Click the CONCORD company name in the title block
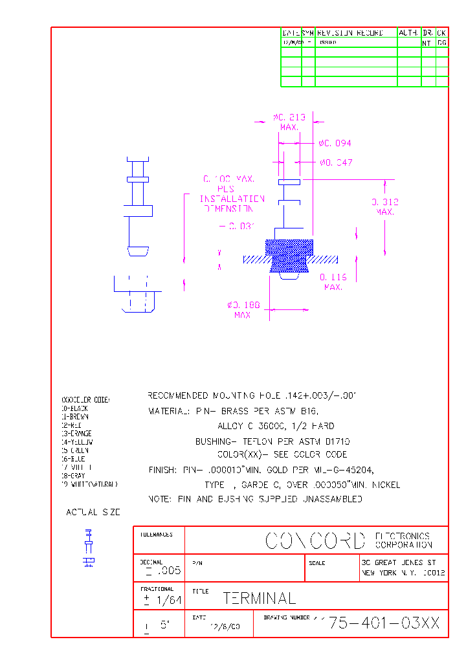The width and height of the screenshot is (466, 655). [x=315, y=540]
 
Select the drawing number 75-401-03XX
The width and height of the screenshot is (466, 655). [x=384, y=623]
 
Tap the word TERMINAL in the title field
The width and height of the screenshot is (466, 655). [x=260, y=599]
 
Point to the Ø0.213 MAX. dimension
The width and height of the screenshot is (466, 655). [x=289, y=122]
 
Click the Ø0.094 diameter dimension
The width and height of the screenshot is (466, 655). [x=335, y=143]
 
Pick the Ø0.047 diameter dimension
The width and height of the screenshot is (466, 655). [x=336, y=162]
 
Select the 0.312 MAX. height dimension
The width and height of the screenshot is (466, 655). [x=384, y=206]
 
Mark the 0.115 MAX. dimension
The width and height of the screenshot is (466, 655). [x=333, y=282]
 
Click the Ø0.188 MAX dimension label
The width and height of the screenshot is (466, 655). [x=243, y=309]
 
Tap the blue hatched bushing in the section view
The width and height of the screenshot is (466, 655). [x=289, y=256]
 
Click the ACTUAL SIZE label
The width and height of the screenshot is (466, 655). [x=93, y=512]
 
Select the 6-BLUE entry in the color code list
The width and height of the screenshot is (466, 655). [x=74, y=458]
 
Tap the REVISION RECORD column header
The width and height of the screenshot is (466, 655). [x=350, y=32]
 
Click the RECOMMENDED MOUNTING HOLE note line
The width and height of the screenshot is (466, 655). [x=252, y=395]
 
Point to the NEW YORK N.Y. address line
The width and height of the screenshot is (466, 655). [x=403, y=573]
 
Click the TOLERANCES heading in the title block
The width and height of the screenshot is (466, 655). [x=157, y=535]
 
